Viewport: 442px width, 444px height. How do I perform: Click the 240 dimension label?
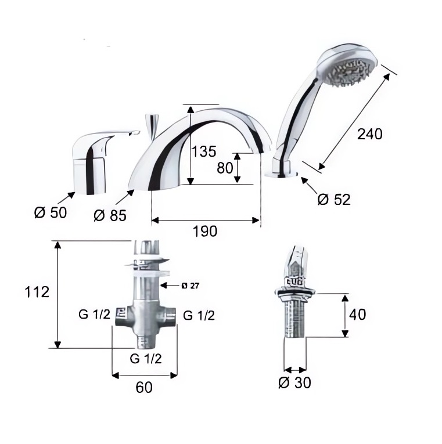coord(369,134)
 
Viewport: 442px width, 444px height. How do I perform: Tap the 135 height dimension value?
coord(204,151)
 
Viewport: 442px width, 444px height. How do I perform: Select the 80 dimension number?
coord(225,168)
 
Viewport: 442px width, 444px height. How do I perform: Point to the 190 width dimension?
coord(205,232)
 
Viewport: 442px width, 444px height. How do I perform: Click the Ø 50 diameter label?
coord(51,212)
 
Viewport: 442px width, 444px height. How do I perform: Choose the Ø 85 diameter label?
coord(110,216)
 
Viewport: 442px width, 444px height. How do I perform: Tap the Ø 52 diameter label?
coord(334,200)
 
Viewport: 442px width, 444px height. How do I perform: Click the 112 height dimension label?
coord(37,292)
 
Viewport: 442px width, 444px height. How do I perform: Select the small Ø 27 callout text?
coord(191,286)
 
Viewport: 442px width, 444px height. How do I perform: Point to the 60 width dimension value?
coord(144,387)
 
